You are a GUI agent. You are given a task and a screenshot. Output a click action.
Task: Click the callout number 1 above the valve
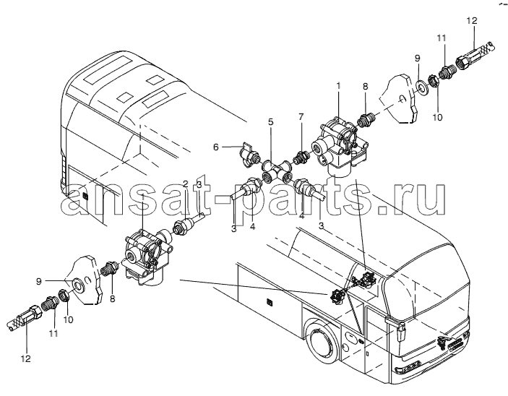pos(338,77)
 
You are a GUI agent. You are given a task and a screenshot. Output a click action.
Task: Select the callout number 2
pos(185,184)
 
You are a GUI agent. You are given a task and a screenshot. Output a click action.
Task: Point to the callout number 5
pos(270,122)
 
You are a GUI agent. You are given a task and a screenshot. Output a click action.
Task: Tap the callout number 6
pos(216,147)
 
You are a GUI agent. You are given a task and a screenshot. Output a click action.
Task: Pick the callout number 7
pos(301,116)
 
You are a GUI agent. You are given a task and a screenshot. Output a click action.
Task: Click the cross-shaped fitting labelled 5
pos(275,171)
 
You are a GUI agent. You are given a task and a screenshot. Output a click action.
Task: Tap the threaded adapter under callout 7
pos(299,157)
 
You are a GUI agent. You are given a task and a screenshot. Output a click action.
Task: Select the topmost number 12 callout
pos(472,21)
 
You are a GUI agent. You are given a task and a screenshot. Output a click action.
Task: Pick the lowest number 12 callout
pos(26,358)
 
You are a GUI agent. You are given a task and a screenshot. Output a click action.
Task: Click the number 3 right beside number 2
pos(199,185)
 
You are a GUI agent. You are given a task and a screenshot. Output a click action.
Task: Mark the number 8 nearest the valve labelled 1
pos(365,87)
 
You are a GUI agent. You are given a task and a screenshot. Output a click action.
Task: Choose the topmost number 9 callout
pos(417,59)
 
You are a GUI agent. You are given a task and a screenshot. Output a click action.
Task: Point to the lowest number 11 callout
pos(53,333)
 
